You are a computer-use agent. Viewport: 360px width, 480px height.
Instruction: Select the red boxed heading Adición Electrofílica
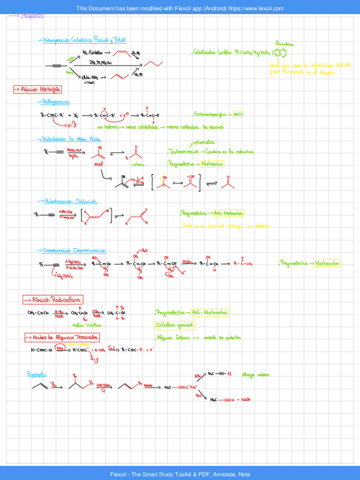click(x=38, y=89)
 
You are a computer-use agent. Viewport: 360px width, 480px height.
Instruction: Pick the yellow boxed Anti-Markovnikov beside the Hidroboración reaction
click(x=226, y=213)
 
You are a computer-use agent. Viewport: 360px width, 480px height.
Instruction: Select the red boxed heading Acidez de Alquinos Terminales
click(x=62, y=337)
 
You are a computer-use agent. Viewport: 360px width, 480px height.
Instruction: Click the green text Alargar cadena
click(x=255, y=374)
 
